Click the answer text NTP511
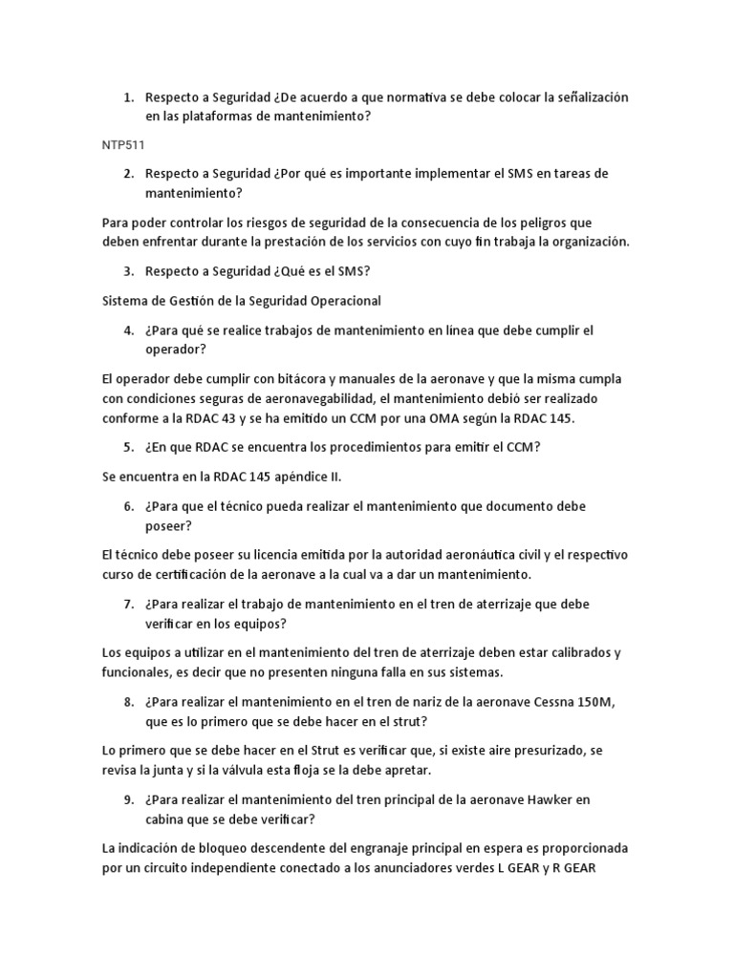click(x=121, y=144)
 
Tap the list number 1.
click(x=127, y=97)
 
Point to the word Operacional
click(x=341, y=301)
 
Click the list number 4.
click(x=127, y=330)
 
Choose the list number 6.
click(x=127, y=506)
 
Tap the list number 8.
click(x=127, y=702)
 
